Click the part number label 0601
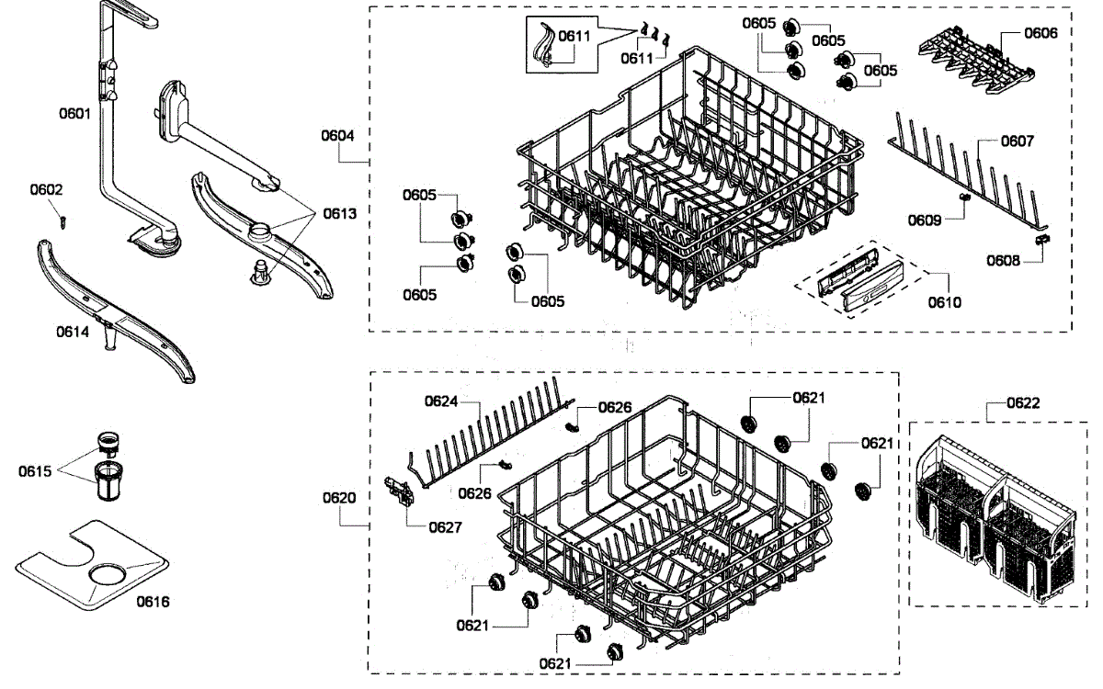[74, 114]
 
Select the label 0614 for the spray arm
[73, 332]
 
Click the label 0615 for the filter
[35, 471]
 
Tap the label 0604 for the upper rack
[337, 135]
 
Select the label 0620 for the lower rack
[338, 497]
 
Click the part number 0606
[1040, 33]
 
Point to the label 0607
[1018, 141]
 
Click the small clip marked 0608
[1041, 240]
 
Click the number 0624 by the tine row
[441, 401]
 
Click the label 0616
[154, 602]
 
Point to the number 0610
[945, 302]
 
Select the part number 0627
[446, 527]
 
